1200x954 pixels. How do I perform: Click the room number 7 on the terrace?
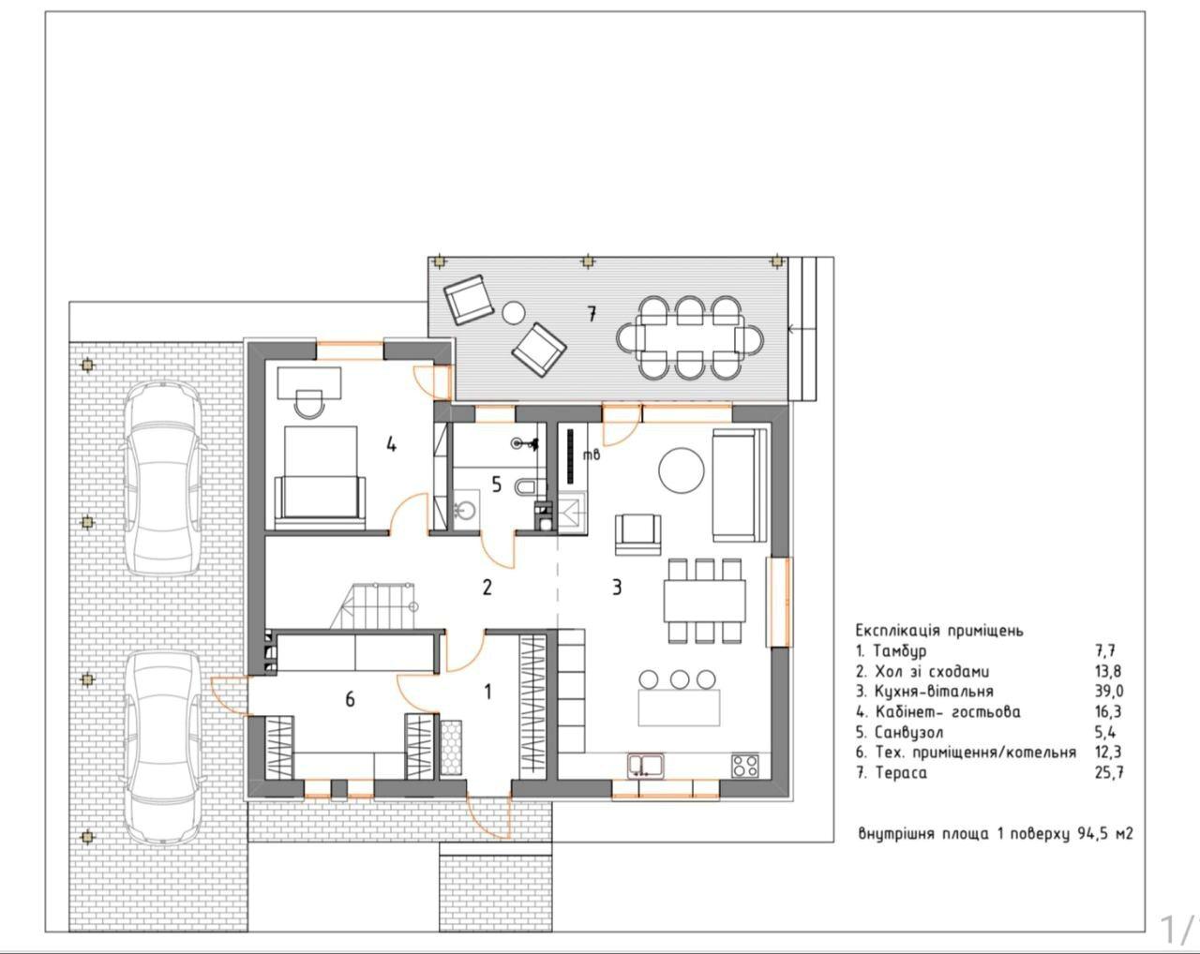pos(591,315)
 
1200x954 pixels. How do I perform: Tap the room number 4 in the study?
pos(392,445)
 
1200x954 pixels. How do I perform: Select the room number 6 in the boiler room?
pos(350,699)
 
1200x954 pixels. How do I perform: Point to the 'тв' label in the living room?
pos(592,455)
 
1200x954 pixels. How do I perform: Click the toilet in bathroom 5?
pos(526,486)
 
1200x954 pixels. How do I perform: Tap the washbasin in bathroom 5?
pos(464,508)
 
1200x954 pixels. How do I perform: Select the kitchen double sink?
pos(646,765)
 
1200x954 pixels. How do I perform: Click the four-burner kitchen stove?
pos(745,765)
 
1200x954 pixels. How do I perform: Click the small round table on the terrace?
pos(514,313)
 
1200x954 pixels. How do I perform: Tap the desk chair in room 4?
pos(309,404)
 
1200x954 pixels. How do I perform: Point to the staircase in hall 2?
pos(374,606)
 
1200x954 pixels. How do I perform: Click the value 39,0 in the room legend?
pos(1109,692)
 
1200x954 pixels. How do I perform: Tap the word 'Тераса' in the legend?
pos(901,773)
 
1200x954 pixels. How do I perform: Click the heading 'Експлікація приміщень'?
pos(939,631)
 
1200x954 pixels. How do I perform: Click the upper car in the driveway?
pos(162,478)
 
